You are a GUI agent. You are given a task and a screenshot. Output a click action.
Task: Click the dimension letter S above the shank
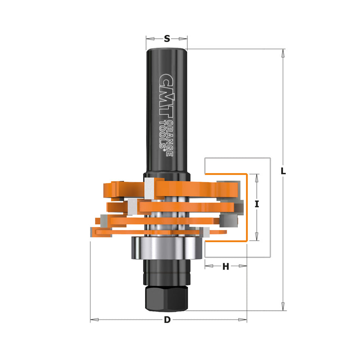[167, 38]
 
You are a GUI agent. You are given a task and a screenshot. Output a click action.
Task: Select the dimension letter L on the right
[283, 171]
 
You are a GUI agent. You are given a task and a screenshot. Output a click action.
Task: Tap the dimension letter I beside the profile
[257, 204]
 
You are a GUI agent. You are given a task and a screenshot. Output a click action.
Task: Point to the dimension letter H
[225, 266]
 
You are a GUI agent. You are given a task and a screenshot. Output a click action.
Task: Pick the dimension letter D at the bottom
[167, 320]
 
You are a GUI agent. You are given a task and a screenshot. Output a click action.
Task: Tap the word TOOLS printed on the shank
[163, 135]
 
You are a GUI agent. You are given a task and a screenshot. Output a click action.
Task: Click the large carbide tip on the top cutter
[150, 187]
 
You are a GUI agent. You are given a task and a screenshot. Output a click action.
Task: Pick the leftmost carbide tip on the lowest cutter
[93, 232]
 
